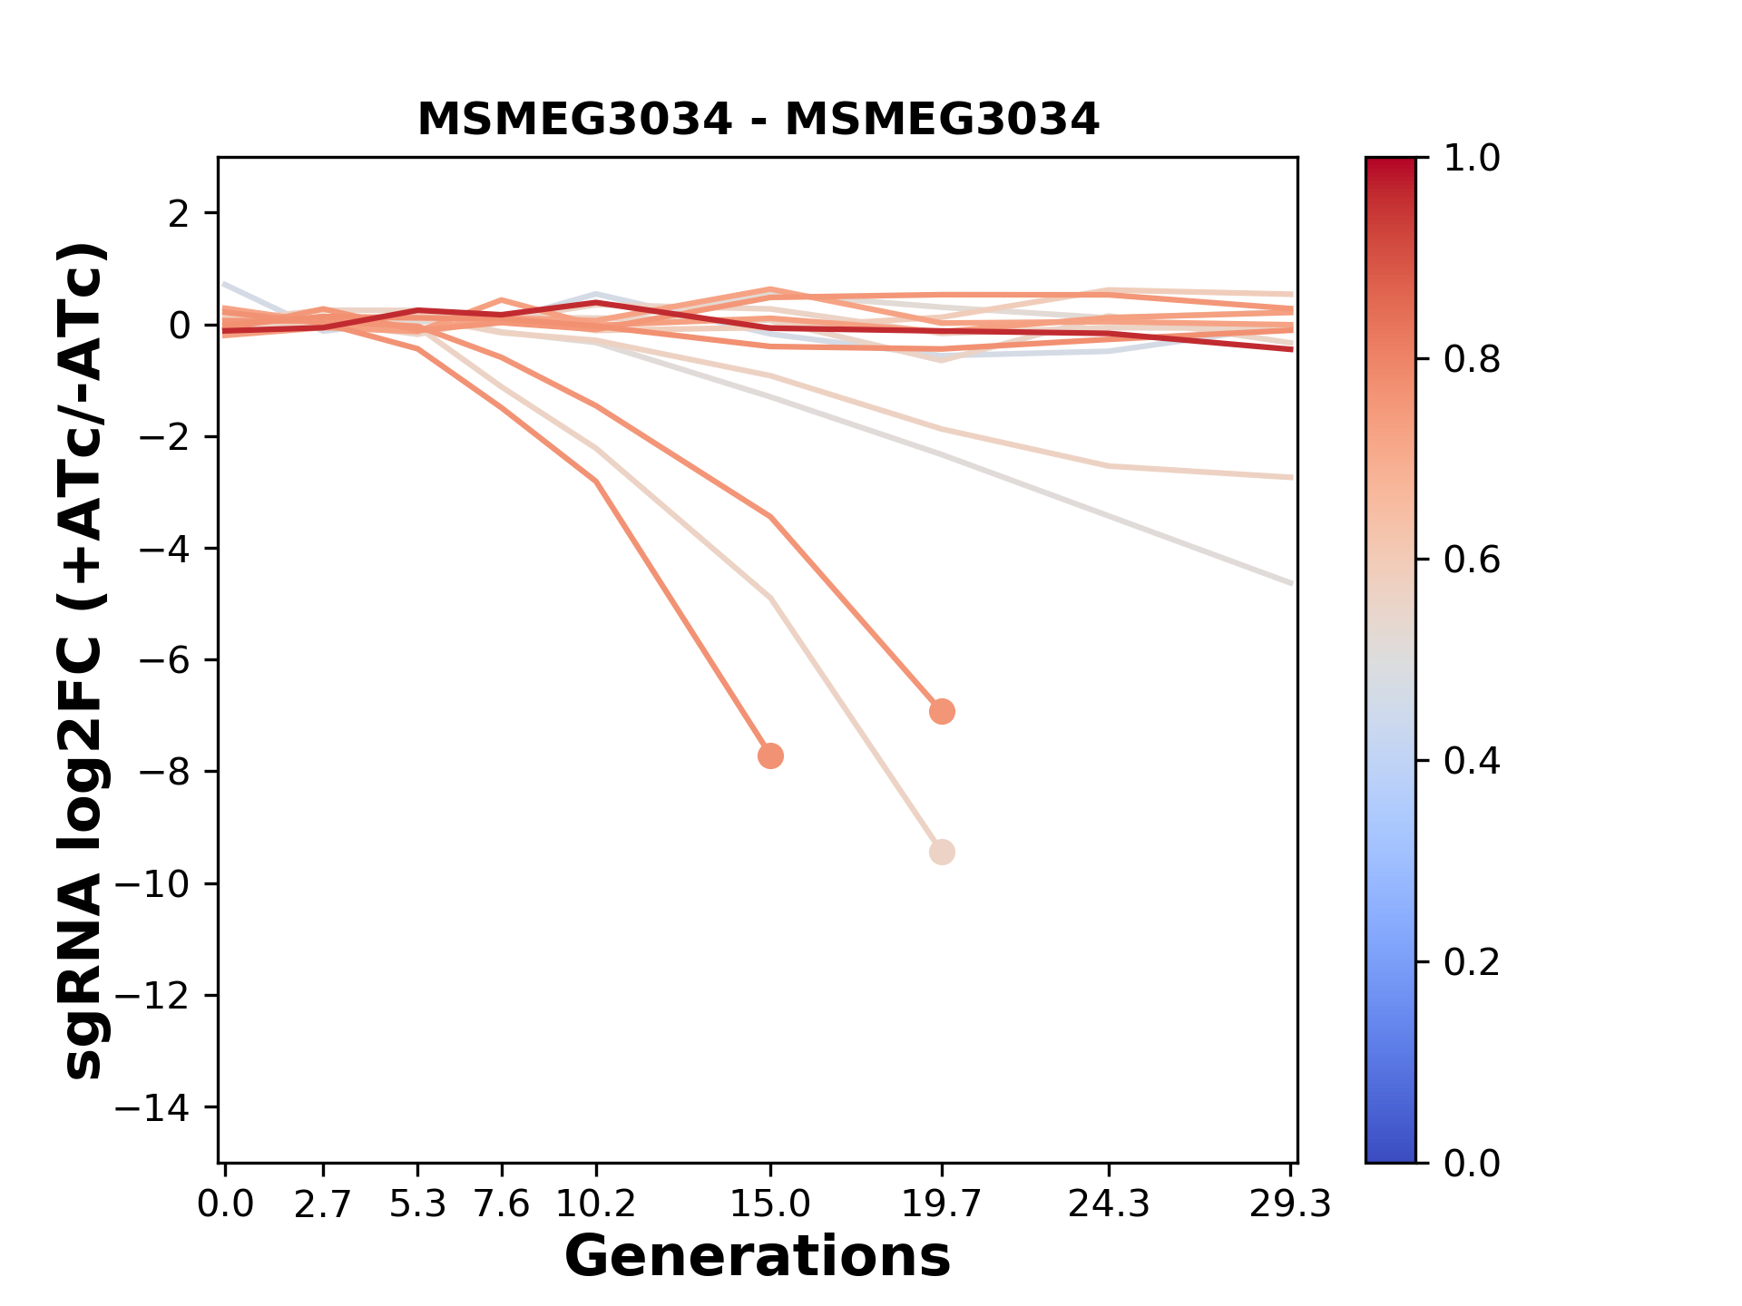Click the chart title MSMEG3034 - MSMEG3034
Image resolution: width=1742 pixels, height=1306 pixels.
point(758,120)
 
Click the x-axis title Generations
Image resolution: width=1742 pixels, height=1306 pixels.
point(758,1257)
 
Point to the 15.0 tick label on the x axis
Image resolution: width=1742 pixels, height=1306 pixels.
point(770,1204)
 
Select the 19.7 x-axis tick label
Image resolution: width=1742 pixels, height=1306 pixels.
point(942,1204)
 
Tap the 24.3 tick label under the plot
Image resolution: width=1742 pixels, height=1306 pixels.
point(1108,1204)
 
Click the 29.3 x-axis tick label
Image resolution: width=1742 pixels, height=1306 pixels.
point(1290,1204)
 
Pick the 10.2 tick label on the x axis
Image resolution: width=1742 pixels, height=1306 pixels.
point(595,1204)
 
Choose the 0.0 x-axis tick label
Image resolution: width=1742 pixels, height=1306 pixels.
point(226,1204)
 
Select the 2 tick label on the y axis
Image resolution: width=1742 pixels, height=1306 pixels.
point(179,214)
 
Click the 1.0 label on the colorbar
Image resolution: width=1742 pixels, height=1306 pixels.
point(1472,159)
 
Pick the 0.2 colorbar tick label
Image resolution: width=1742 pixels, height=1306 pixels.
point(1472,961)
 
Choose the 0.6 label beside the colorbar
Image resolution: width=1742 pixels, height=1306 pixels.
point(1472,560)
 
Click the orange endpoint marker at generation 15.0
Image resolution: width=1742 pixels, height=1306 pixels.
point(770,755)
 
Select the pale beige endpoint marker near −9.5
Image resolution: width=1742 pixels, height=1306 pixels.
point(942,852)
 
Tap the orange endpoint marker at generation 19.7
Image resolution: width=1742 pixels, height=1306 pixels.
point(942,711)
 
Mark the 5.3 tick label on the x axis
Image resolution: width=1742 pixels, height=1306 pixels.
point(417,1204)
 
